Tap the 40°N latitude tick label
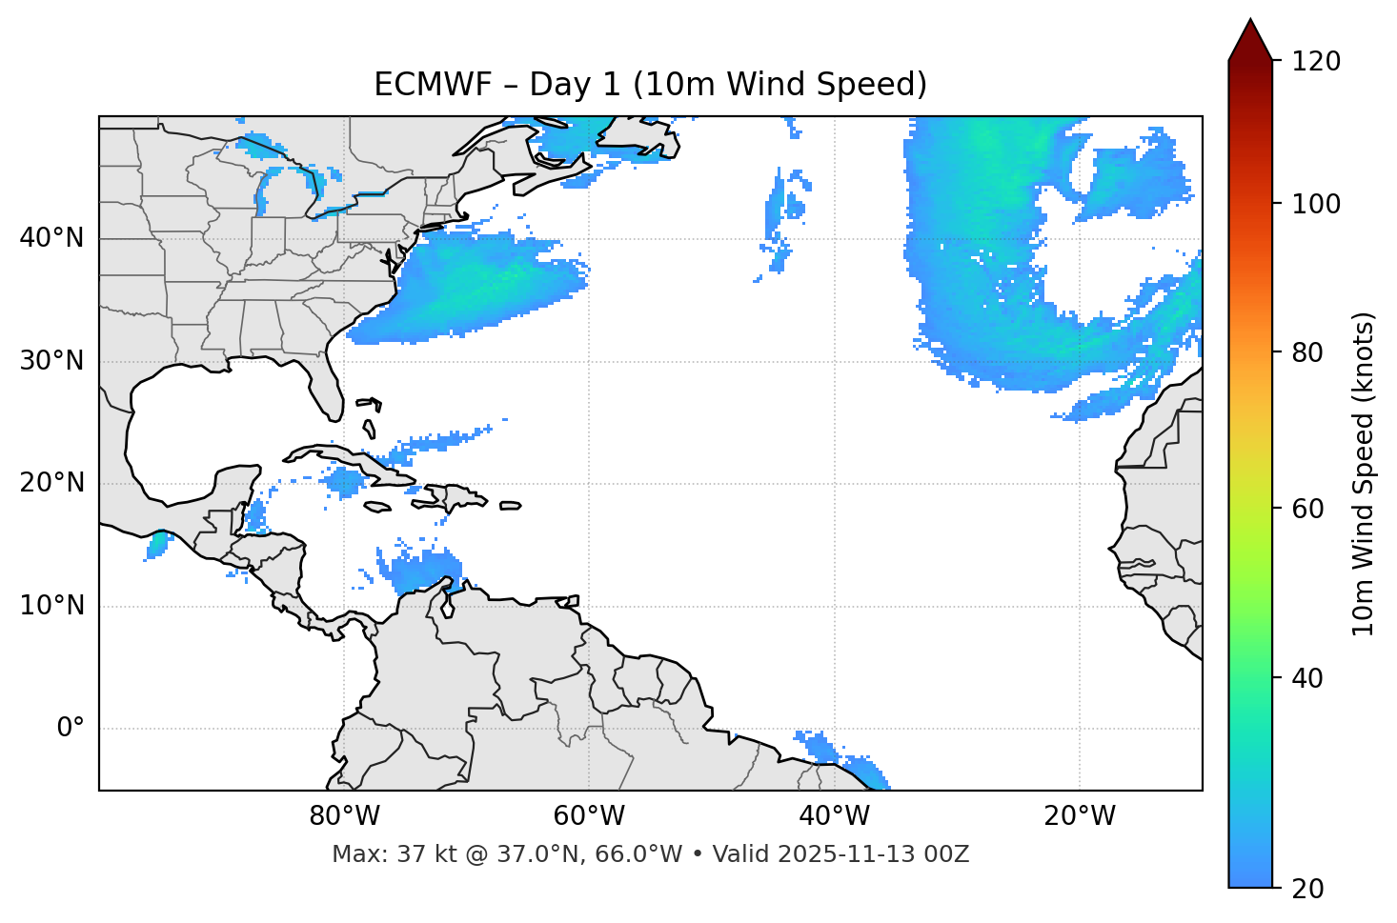point(51,238)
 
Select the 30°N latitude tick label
point(51,361)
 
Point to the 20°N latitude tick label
point(51,483)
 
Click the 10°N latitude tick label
point(51,606)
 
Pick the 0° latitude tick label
point(71,729)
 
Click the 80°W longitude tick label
point(344,816)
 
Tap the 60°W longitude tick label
point(589,816)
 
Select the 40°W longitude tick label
point(834,816)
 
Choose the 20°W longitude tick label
point(1079,816)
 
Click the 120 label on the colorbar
point(1316,62)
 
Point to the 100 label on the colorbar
point(1316,204)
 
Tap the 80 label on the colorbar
point(1306,352)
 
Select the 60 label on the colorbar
point(1306,509)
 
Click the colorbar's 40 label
point(1306,678)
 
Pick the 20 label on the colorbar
point(1306,889)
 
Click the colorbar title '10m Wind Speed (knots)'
point(1364,474)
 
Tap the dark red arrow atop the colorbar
point(1250,40)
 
